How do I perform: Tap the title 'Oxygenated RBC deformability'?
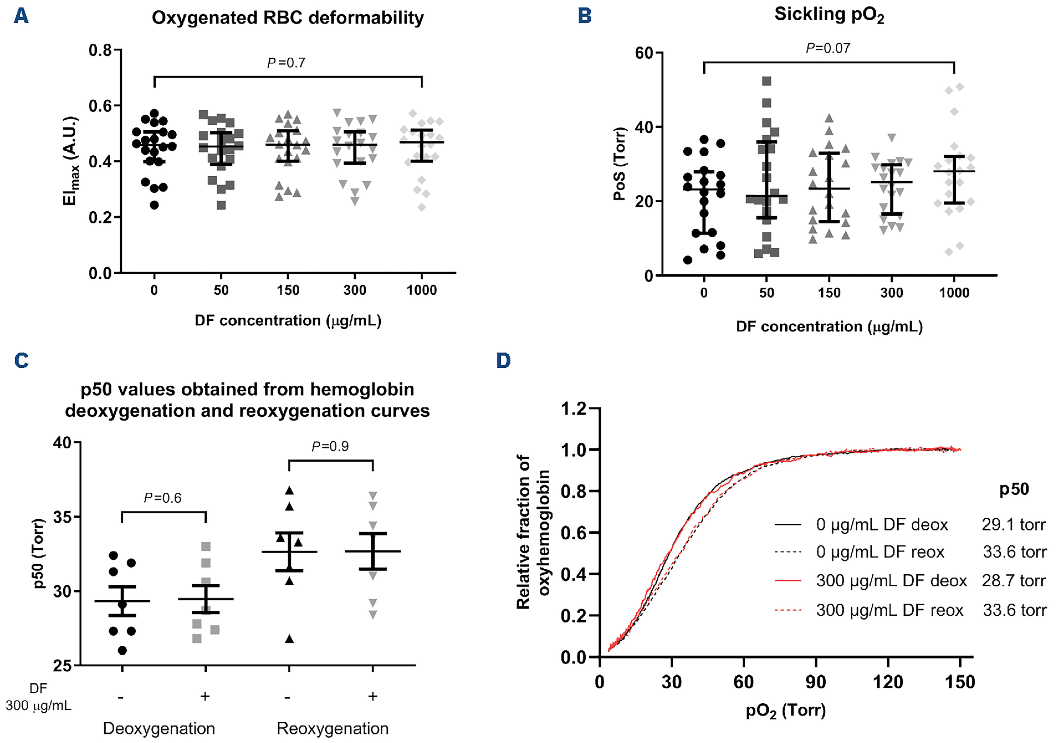(x=288, y=18)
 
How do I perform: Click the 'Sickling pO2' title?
(x=829, y=14)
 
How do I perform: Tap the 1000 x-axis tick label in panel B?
(x=954, y=293)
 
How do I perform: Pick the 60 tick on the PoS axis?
(x=644, y=53)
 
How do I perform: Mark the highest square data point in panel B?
(x=767, y=81)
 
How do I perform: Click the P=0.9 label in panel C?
(x=330, y=446)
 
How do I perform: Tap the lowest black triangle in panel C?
(x=289, y=639)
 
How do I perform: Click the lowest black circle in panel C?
(x=122, y=651)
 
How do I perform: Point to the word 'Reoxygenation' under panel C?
(x=332, y=729)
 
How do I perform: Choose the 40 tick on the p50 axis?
(x=62, y=443)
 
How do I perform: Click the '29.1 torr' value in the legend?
(x=1013, y=525)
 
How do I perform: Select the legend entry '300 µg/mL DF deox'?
(x=891, y=580)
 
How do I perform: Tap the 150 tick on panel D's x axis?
(x=960, y=682)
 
